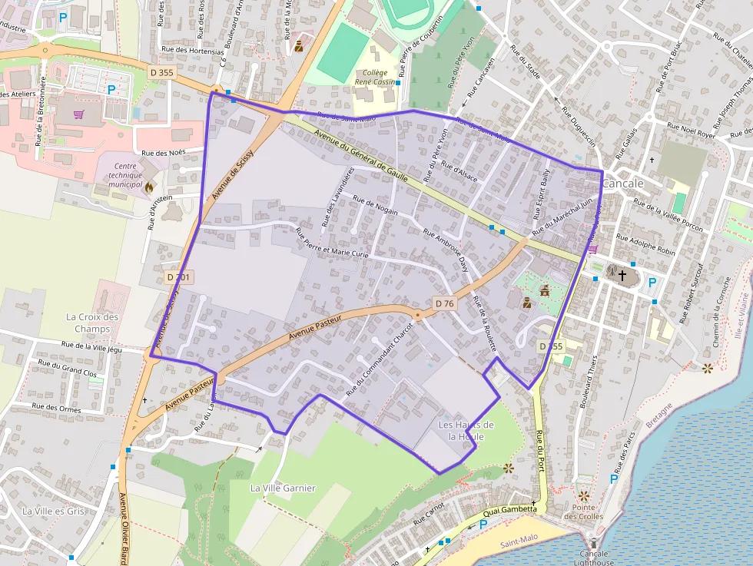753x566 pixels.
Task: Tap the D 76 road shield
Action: point(444,303)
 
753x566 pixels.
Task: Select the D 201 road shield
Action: point(178,276)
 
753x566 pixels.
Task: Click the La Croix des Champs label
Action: point(92,323)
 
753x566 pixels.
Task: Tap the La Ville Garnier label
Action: point(283,488)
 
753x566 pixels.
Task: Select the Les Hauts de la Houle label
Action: point(466,430)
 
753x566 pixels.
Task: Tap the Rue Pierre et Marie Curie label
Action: point(333,241)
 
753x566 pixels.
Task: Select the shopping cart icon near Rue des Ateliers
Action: point(78,115)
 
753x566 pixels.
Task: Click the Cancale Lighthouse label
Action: point(594,558)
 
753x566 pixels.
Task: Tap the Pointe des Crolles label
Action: point(588,511)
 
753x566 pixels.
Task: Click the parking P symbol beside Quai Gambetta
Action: point(483,525)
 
